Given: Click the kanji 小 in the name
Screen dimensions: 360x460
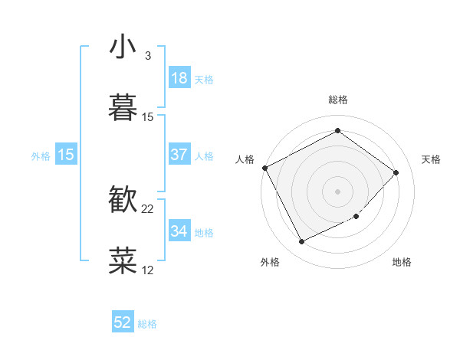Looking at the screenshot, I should (123, 47).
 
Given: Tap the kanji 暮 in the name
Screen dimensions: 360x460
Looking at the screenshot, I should (123, 107).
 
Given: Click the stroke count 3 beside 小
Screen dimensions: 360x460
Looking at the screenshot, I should (147, 56).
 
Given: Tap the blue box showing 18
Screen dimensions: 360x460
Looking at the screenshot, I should (179, 78).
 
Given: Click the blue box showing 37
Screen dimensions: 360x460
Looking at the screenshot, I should (179, 155).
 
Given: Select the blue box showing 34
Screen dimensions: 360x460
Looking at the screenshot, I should (179, 231).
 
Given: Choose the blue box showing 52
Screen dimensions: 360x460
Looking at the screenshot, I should (123, 323).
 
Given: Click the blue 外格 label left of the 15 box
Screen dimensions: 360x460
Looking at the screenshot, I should (41, 155).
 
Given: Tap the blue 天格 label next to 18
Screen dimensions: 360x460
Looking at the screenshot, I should (204, 79).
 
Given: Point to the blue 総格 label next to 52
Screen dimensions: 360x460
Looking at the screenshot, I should (147, 324).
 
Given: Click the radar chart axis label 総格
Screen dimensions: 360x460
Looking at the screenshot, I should (337, 100).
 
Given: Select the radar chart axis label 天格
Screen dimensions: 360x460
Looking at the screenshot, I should (432, 159).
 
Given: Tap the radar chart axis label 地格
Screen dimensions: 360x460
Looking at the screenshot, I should (402, 263).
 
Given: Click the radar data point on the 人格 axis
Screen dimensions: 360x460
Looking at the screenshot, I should (264, 168).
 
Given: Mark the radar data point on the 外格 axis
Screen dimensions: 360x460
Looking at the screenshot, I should (301, 242).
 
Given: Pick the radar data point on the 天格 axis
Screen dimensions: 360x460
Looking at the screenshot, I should (396, 172).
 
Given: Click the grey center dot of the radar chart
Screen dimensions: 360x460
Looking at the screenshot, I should (337, 191).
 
